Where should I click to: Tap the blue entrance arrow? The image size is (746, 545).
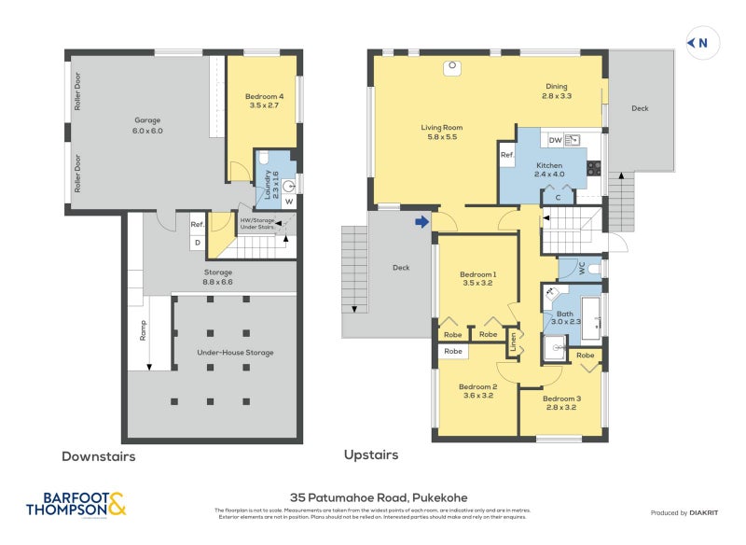click(422, 221)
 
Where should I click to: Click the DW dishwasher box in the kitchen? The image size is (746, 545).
click(555, 140)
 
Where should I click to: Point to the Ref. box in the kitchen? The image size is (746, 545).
click(507, 155)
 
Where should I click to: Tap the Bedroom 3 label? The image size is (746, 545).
click(562, 402)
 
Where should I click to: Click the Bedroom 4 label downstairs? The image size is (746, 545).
click(264, 101)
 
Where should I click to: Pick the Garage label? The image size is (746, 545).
click(148, 125)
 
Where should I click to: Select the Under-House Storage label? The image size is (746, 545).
click(235, 352)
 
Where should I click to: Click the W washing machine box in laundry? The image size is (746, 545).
click(288, 202)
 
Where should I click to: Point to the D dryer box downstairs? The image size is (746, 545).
click(197, 243)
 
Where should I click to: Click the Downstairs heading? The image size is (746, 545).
click(98, 456)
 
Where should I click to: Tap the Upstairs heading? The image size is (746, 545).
click(371, 455)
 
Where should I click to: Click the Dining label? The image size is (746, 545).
click(558, 91)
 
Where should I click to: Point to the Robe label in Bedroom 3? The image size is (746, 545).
click(585, 356)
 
